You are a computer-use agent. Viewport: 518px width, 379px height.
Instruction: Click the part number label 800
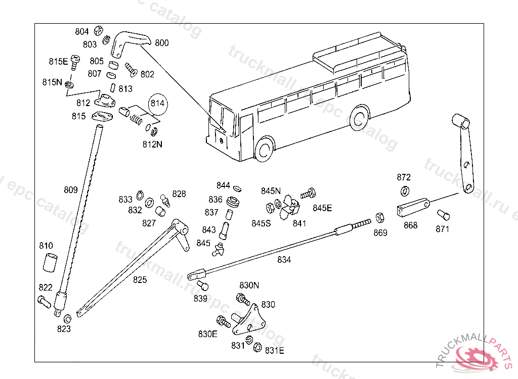(x=162, y=43)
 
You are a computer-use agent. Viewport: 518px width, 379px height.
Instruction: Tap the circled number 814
(x=157, y=104)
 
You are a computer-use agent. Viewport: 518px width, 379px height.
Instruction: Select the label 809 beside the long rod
(x=71, y=190)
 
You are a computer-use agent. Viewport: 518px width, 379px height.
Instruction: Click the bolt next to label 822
(x=44, y=302)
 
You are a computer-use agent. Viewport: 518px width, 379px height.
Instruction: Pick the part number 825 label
(x=140, y=279)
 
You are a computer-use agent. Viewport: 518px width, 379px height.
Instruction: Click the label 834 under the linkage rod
(x=284, y=260)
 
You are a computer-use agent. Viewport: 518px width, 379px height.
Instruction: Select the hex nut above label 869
(x=380, y=218)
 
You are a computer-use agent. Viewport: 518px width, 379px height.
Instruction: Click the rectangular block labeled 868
(x=413, y=208)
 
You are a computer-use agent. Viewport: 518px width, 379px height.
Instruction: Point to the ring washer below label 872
(x=405, y=191)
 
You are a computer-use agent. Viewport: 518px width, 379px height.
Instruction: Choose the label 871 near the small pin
(x=442, y=229)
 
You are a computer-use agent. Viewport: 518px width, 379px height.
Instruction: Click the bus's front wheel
(x=264, y=150)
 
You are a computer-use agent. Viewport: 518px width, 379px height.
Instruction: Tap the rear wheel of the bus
(x=360, y=118)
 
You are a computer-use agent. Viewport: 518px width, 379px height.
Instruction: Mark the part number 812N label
(x=152, y=144)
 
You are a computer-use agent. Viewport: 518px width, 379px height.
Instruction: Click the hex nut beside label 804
(x=99, y=30)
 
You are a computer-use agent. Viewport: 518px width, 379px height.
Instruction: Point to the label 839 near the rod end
(x=200, y=298)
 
